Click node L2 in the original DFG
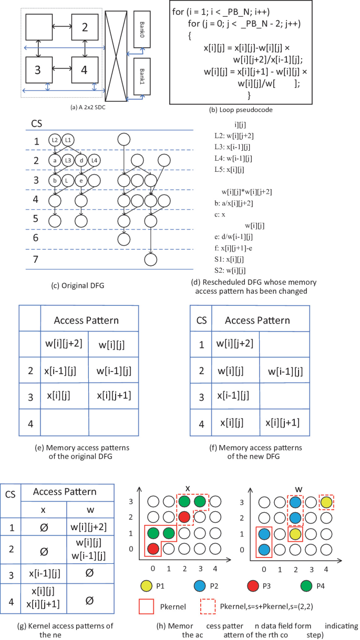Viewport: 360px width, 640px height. [55, 140]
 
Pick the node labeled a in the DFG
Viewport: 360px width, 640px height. [55, 160]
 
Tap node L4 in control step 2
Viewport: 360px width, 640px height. [95, 160]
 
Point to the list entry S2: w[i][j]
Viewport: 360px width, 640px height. [227, 271]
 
